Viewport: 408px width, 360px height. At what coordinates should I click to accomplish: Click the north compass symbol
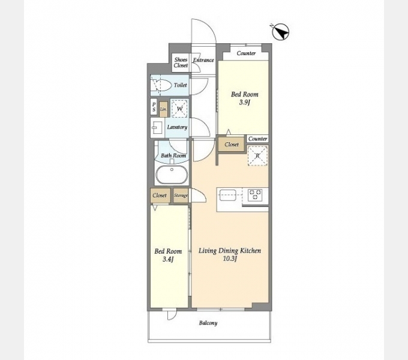coord(281,32)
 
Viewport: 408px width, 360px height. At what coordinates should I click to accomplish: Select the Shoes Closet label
coord(181,62)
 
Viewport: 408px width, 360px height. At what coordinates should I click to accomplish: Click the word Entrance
coord(203,60)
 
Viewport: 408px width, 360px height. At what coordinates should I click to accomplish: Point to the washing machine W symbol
coord(179,109)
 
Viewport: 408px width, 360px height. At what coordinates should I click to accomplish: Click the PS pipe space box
coord(154,107)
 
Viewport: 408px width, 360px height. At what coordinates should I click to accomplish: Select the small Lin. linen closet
coord(163,109)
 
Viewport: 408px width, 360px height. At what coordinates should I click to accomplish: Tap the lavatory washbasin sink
coord(157,127)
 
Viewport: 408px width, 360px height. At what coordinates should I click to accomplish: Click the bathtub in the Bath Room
coord(172,175)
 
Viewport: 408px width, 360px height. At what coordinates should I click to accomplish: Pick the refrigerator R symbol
coord(257,156)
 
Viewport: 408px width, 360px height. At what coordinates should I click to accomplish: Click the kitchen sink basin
coord(228,195)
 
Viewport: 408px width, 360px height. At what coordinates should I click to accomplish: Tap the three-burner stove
coord(255,195)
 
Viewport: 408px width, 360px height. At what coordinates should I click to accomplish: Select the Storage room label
coord(181,196)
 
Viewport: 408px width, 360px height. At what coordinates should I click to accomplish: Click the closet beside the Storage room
coord(160,196)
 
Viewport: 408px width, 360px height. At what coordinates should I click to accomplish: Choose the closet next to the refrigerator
coord(232,145)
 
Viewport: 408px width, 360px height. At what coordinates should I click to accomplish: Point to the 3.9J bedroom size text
coord(244,102)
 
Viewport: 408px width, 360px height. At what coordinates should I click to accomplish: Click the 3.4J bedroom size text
coord(168,259)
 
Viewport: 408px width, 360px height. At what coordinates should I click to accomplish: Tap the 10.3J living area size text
coord(230,259)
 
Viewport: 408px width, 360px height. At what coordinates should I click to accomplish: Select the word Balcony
coord(208,323)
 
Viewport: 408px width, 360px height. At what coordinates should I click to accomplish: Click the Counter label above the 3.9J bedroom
coord(246,53)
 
